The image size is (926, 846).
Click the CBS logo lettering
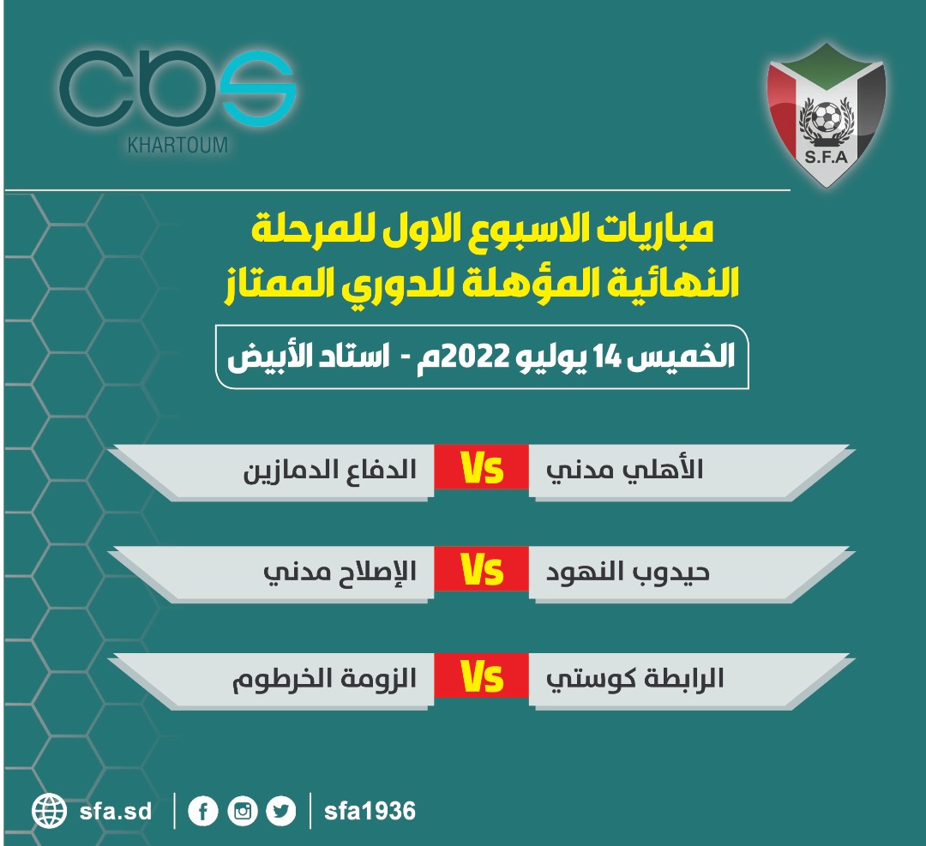click(x=177, y=88)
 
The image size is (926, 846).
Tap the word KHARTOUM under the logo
click(x=177, y=145)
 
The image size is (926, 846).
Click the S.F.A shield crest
click(x=827, y=115)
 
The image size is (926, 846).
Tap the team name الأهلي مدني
click(x=624, y=471)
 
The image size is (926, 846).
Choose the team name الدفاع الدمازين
click(x=330, y=471)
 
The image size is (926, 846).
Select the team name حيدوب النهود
click(x=627, y=573)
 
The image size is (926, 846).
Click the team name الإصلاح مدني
click(x=340, y=573)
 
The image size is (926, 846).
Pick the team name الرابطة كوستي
click(x=634, y=679)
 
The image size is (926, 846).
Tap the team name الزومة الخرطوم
click(x=324, y=679)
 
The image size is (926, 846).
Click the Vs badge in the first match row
click(x=481, y=467)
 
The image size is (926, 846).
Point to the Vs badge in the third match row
click(x=481, y=675)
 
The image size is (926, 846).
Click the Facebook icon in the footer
click(x=203, y=812)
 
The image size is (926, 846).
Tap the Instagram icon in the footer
click(x=243, y=812)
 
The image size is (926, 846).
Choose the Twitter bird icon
click(x=281, y=812)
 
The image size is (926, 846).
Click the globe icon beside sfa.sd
click(x=50, y=811)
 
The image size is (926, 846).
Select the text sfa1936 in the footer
click(x=370, y=812)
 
